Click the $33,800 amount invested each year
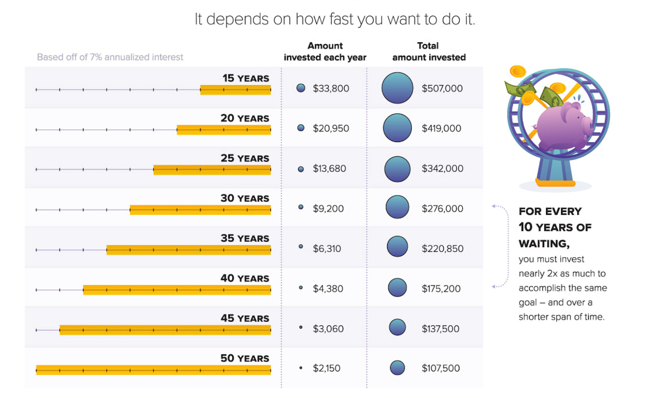click(x=330, y=88)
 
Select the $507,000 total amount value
click(x=442, y=88)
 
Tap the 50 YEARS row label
click(x=244, y=358)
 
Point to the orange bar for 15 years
click(x=235, y=90)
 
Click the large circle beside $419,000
click(x=397, y=128)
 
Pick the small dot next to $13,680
click(x=301, y=169)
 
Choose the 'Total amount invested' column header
click(x=429, y=52)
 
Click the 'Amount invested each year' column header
click(x=325, y=52)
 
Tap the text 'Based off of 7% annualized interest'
click(x=110, y=57)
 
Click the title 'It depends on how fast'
click(x=334, y=19)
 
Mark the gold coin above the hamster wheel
click(x=517, y=71)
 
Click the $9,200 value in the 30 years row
click(x=328, y=209)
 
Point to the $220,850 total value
click(x=442, y=249)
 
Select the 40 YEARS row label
click(x=244, y=278)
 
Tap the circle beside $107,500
click(x=397, y=368)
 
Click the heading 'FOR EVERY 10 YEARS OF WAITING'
click(x=554, y=227)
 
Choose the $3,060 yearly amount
click(x=328, y=329)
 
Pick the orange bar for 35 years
click(x=188, y=250)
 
